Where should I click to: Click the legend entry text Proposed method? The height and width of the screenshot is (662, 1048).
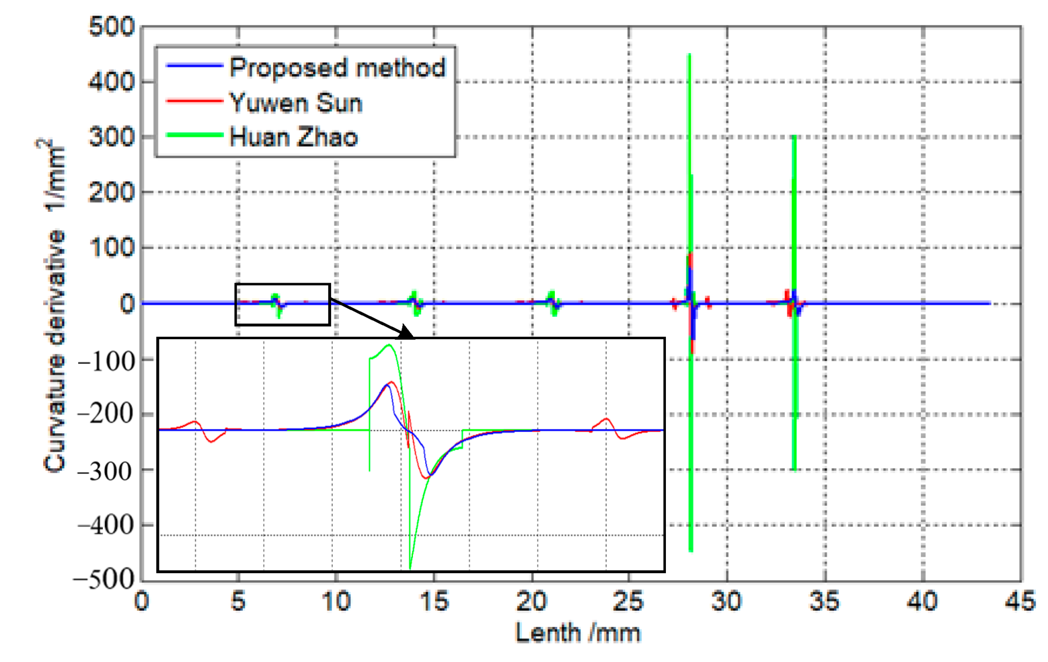337,67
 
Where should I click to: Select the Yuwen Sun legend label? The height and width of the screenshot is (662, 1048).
296,103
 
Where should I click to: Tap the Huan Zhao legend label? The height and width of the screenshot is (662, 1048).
294,137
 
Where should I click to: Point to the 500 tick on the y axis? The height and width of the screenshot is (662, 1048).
112,26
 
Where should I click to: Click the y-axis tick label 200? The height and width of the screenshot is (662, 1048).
112,193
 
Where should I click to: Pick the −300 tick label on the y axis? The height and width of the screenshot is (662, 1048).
105,470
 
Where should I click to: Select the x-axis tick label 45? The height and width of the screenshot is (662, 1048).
1020,601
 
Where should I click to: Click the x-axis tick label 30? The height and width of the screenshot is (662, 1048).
727,601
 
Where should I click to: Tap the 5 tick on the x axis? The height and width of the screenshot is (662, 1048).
238,601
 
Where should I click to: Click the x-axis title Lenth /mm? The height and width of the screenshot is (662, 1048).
578,633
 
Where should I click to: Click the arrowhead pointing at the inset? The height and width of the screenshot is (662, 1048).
407,333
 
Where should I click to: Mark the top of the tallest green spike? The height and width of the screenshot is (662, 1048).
689,54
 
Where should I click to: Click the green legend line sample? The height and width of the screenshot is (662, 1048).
194,135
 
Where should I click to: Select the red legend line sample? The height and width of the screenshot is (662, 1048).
194,101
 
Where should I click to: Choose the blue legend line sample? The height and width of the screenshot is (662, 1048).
194,66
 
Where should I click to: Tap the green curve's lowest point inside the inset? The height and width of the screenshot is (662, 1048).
410,568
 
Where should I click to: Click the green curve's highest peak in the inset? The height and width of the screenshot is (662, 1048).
389,345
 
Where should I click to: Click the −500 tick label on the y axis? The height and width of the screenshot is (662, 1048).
104,580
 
